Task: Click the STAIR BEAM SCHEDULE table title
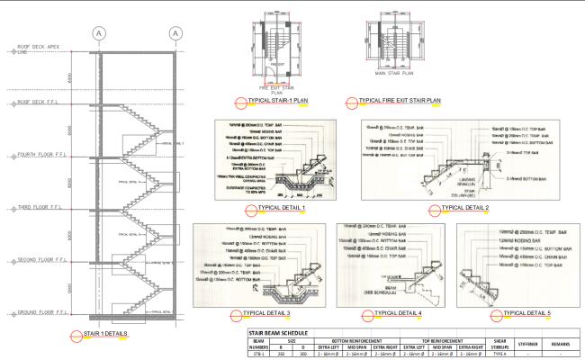pos(282,332)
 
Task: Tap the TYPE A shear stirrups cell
pos(493,355)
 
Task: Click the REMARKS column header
pos(562,344)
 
